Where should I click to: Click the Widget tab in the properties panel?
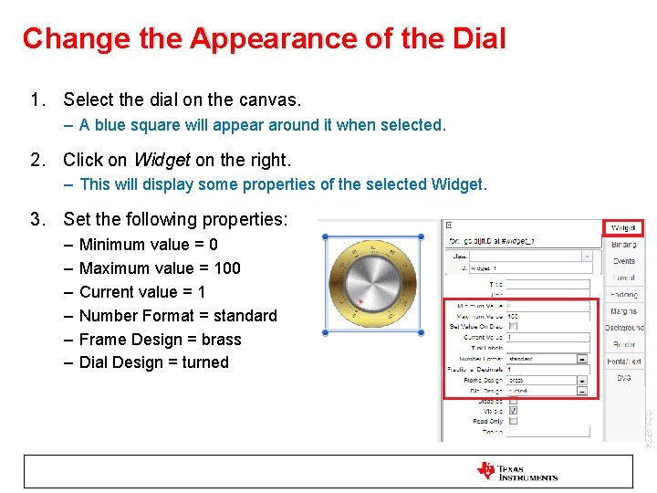click(623, 227)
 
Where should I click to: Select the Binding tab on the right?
click(624, 245)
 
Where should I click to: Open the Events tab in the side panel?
click(624, 261)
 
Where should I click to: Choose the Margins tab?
click(624, 311)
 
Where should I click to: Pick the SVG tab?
click(623, 378)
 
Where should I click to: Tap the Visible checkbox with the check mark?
click(513, 411)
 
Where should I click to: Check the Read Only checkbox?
click(513, 422)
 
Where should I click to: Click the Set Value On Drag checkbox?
click(513, 326)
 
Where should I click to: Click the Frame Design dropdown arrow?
click(582, 380)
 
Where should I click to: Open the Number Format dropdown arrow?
click(582, 359)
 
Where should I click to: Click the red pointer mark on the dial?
click(362, 301)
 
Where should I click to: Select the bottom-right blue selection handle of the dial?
click(421, 332)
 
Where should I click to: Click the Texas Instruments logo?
click(516, 472)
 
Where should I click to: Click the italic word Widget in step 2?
click(162, 161)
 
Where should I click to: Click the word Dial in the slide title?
click(478, 38)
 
